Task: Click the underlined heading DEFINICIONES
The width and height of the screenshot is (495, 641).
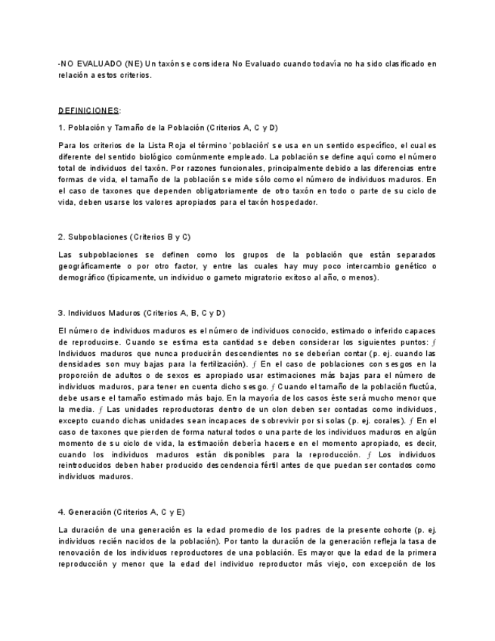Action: [x=88, y=110]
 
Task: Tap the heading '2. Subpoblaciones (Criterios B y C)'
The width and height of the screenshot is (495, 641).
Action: [x=124, y=237]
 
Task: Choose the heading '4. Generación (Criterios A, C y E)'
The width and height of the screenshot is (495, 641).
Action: [x=121, y=511]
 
